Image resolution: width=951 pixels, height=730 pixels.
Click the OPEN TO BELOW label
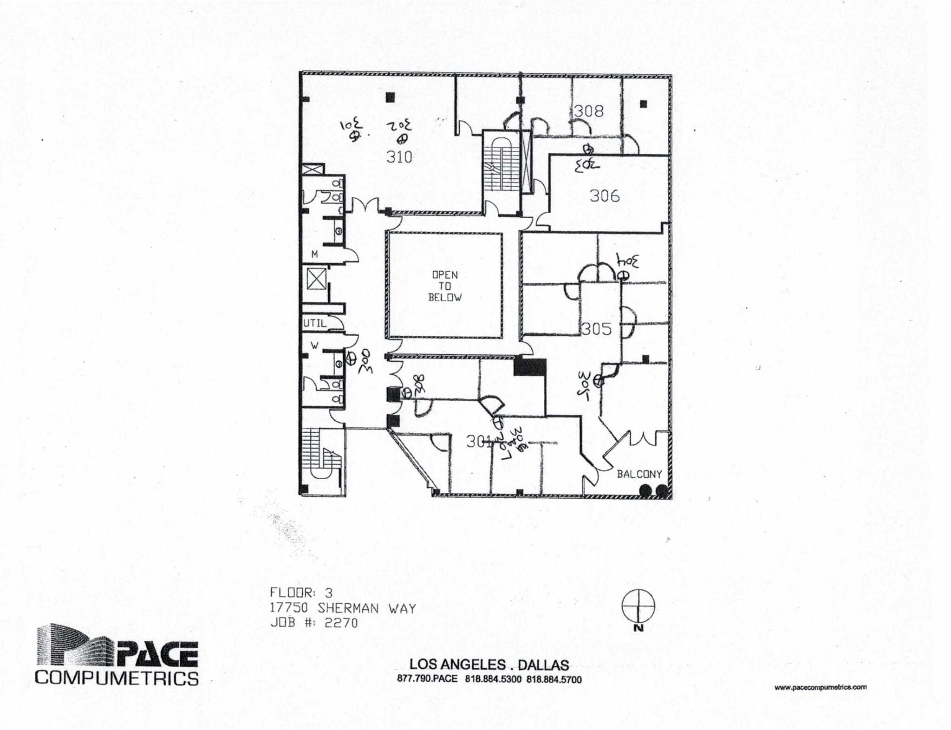[x=445, y=286]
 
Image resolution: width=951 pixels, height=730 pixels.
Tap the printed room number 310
[x=399, y=157]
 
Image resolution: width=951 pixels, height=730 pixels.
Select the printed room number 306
[x=604, y=196]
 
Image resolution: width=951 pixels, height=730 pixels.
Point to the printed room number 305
[x=597, y=329]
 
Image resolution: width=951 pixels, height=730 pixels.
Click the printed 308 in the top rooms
[x=589, y=111]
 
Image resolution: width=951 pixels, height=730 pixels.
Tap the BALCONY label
[x=638, y=474]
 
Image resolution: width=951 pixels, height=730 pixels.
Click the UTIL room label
[x=315, y=323]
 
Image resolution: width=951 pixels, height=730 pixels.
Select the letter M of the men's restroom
[x=314, y=254]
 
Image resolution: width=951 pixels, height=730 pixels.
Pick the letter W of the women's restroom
[x=314, y=345]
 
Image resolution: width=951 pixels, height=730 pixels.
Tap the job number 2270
[x=341, y=623]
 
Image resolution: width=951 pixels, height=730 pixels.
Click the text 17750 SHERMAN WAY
[x=343, y=608]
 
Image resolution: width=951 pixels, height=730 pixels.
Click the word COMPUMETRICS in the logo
[x=117, y=678]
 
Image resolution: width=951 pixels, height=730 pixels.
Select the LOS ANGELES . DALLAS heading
[x=489, y=665]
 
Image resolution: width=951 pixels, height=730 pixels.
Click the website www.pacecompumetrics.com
[x=820, y=687]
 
